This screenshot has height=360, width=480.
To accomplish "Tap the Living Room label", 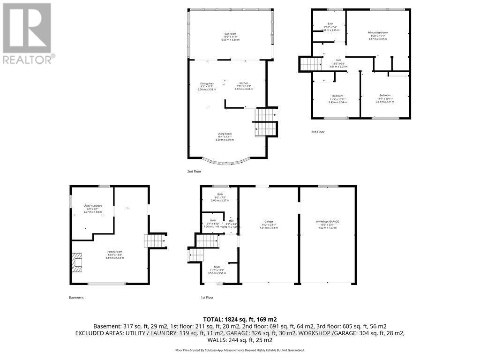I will tap(225, 136).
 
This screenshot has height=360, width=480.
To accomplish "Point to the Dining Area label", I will tap(207, 86).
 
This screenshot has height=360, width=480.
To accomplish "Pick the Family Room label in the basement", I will tap(114, 255).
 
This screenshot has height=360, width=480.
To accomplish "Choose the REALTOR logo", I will tap(28, 33).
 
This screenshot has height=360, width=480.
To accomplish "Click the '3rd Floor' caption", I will tap(318, 132).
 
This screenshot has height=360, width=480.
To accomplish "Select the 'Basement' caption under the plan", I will tap(76, 297).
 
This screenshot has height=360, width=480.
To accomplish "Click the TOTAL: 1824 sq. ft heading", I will tap(240, 318).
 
